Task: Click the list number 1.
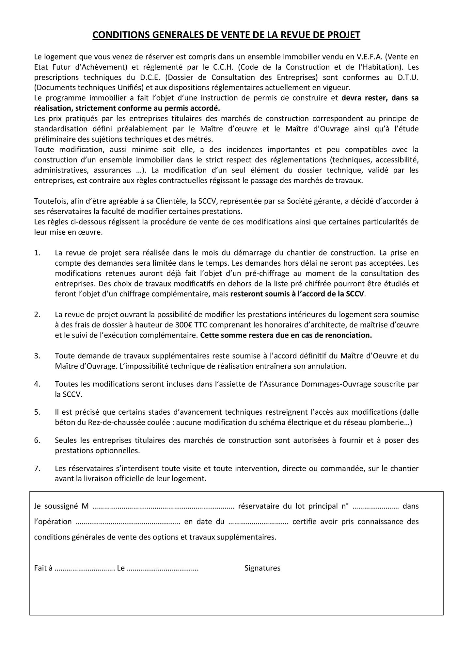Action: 37,253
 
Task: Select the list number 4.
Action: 37,384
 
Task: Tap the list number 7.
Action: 37,469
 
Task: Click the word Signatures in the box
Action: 262,568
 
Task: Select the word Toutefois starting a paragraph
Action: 50,201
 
